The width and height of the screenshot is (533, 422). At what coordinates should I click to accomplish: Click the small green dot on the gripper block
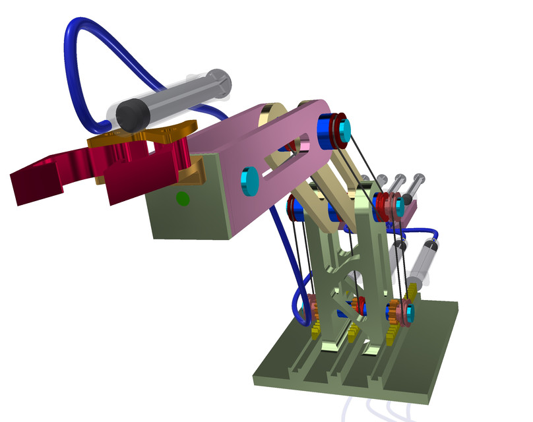(183, 197)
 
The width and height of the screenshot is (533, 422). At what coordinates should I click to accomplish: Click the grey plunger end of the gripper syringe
(218, 83)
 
